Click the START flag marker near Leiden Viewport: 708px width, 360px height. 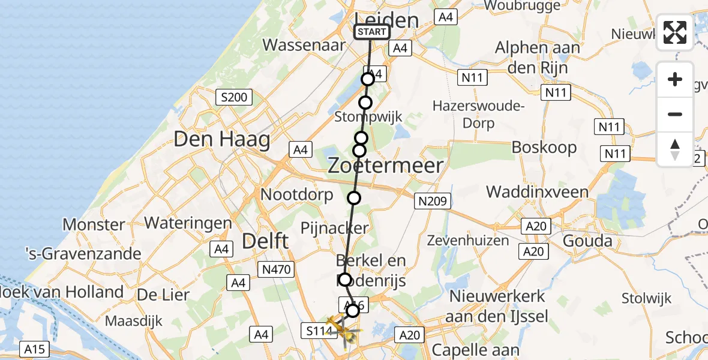point(372,32)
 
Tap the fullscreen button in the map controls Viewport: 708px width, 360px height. point(675,32)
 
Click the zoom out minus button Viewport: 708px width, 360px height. point(675,114)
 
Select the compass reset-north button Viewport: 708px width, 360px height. point(675,149)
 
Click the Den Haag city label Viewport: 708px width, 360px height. point(221,140)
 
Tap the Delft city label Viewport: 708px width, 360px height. point(265,242)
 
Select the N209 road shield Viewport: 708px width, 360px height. point(432,202)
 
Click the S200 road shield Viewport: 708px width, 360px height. point(234,97)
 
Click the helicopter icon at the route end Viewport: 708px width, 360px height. point(344,330)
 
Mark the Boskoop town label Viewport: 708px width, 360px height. point(544,147)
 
